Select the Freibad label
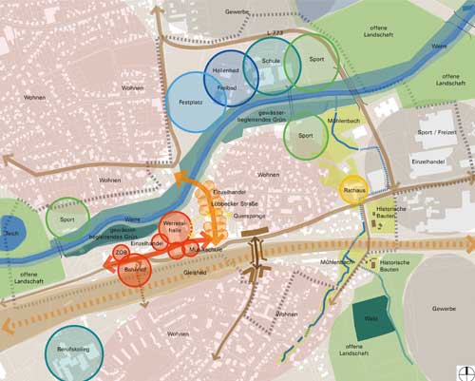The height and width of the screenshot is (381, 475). click(x=226, y=87)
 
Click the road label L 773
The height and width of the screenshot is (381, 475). click(x=275, y=34)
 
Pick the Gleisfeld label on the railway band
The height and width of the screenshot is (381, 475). click(x=195, y=271)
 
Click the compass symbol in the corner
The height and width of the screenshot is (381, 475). click(x=464, y=371)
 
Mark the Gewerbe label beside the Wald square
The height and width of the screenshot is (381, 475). click(x=441, y=309)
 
